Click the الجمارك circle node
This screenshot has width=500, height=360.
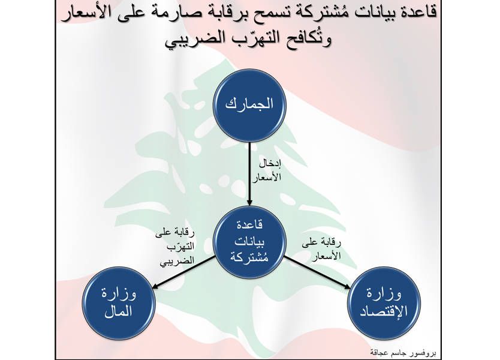coord(249,106)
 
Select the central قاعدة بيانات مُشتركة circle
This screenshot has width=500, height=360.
coord(249,242)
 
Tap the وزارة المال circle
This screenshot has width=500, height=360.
coord(119,303)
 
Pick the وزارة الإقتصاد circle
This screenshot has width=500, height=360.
coord(384,303)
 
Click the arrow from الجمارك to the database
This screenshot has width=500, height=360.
coord(249,173)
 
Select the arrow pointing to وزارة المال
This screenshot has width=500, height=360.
coord(183,272)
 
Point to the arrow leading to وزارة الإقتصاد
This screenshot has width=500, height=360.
coord(318,272)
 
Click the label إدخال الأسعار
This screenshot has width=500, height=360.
coord(267,171)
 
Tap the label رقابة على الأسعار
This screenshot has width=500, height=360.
coord(321,249)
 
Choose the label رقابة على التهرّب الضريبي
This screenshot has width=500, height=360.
coord(174,247)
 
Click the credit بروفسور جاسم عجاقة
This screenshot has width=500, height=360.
coord(403,353)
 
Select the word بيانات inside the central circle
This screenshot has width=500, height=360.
coord(249,242)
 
